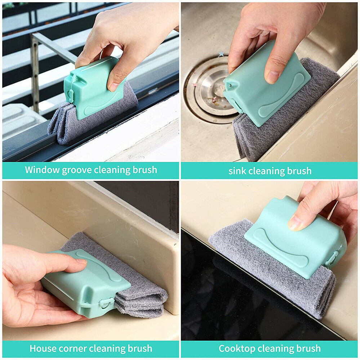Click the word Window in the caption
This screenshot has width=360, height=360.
42,170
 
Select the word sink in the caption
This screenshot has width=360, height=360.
237,171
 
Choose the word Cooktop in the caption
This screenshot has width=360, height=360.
236,348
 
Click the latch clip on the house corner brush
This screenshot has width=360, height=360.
105,302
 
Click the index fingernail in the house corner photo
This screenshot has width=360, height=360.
81,262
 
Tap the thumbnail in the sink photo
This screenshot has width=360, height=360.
272,77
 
